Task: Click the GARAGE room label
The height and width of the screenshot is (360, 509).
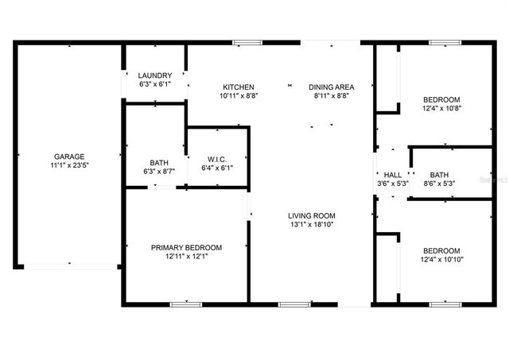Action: (69, 157)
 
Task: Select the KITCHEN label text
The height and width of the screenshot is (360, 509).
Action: (238, 87)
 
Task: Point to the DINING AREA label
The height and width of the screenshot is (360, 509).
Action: (331, 87)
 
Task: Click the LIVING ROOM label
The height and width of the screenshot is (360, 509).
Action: (311, 215)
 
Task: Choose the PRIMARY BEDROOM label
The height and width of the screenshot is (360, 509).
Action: (186, 248)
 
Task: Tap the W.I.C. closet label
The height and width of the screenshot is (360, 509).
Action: (217, 158)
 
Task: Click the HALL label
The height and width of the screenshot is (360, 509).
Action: (393, 175)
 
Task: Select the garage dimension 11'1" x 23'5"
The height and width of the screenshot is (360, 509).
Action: (69, 166)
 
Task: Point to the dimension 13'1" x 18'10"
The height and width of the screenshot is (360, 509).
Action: (311, 225)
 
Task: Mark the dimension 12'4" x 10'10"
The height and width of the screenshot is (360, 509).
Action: (441, 259)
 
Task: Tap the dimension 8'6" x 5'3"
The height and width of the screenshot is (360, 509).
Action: (439, 184)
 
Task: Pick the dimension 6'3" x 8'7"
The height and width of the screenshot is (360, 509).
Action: (157, 172)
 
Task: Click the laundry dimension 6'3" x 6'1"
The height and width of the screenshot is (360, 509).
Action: (154, 83)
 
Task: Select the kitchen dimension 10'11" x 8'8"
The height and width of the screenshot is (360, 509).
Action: (238, 96)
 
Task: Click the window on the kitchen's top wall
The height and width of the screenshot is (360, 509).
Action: (247, 43)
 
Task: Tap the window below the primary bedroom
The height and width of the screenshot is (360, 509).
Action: (186, 304)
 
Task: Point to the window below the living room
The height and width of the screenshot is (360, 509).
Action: (294, 304)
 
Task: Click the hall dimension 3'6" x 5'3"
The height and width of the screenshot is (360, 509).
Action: (393, 184)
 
